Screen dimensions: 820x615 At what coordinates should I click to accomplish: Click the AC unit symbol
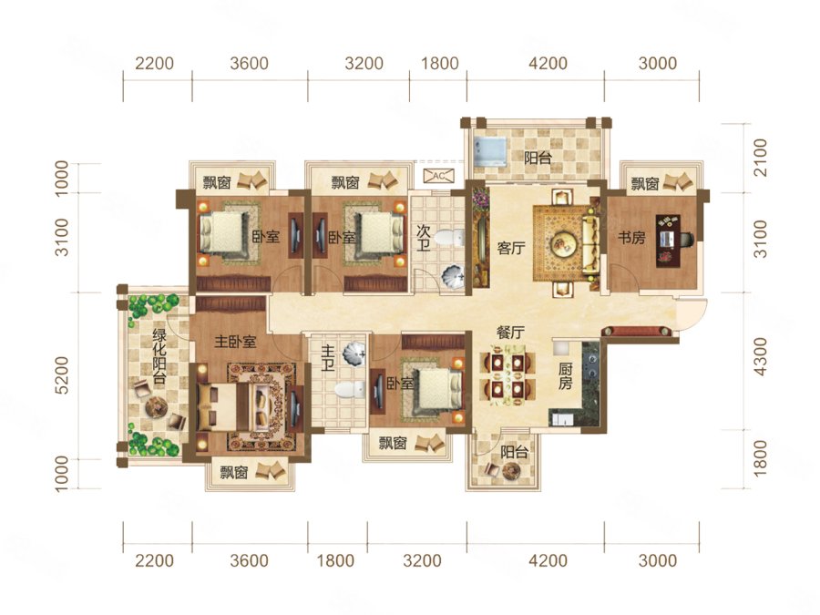439,176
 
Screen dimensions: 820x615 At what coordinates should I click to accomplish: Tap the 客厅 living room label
511,248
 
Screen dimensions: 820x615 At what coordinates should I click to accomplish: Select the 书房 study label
631,238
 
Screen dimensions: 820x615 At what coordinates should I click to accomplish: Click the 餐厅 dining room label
510,332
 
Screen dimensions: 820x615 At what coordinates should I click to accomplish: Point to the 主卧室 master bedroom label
235,342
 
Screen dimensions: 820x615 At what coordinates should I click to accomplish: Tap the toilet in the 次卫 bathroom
448,238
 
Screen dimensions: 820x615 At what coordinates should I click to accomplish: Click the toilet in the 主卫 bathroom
349,390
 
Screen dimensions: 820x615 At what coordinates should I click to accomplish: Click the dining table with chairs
508,375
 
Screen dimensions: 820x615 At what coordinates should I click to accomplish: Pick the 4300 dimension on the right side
760,356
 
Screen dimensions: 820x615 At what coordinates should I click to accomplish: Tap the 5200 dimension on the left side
61,375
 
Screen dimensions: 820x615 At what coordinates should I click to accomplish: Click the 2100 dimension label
760,158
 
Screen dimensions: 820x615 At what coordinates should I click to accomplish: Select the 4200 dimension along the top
548,63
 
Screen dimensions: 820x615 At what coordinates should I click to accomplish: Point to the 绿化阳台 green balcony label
159,356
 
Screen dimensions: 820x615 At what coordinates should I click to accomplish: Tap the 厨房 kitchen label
565,376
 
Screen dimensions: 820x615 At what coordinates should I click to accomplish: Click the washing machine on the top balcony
489,152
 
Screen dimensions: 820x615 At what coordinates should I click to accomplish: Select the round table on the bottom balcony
508,471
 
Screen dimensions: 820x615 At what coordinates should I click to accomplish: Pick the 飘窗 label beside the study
645,184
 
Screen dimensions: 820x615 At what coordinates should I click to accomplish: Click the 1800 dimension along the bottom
335,561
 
